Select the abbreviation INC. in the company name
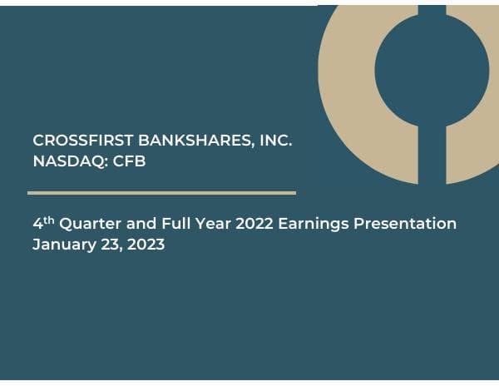(275, 141)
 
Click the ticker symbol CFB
(130, 161)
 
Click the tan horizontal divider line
(161, 193)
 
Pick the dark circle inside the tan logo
(431, 71)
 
